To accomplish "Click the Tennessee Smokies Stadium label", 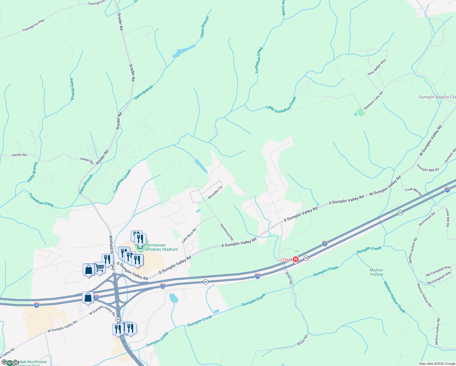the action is (161, 247).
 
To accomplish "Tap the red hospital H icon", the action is (295, 260).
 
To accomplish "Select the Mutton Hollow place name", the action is (376, 272).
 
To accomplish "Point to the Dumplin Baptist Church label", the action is (437, 97).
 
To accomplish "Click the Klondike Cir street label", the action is (215, 193).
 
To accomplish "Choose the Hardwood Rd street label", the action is (227, 232).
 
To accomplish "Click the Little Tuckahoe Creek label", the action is (281, 105).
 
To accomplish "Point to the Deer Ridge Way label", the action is (377, 67).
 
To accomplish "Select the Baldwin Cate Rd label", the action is (373, 101).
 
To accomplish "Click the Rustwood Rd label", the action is (427, 219).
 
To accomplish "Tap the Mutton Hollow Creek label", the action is (394, 297).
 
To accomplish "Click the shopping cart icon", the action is (100, 268).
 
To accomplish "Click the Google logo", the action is (10, 362).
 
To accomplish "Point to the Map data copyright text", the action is (436, 364).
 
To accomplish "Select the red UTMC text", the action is (285, 260).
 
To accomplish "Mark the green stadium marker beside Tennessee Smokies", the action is (140, 248).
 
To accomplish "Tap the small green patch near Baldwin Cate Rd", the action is (361, 112).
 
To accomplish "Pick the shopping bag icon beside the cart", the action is (88, 270).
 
